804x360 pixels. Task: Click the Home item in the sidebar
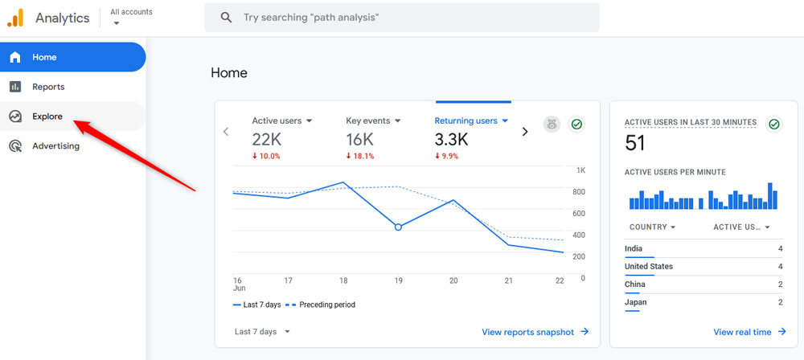pyautogui.click(x=44, y=58)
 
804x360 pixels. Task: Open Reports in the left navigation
pyautogui.click(x=48, y=87)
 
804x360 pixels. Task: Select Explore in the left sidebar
pyautogui.click(x=47, y=117)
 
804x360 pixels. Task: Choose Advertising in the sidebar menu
pyautogui.click(x=55, y=146)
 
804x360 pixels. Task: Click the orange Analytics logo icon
pyautogui.click(x=15, y=17)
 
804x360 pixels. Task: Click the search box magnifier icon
pyautogui.click(x=227, y=17)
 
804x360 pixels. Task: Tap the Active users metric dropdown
pyautogui.click(x=282, y=121)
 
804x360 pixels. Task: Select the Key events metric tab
pyautogui.click(x=373, y=121)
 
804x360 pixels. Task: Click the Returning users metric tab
pyautogui.click(x=471, y=121)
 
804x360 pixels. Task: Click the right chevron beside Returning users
pyautogui.click(x=525, y=132)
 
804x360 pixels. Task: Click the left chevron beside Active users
pyautogui.click(x=226, y=132)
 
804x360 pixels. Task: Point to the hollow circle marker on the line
pyautogui.click(x=398, y=227)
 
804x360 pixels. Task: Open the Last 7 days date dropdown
pyautogui.click(x=262, y=332)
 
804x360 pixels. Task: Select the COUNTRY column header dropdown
pyautogui.click(x=652, y=227)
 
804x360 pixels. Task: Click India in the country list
pyautogui.click(x=634, y=249)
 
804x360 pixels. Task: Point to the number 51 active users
pyautogui.click(x=636, y=144)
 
